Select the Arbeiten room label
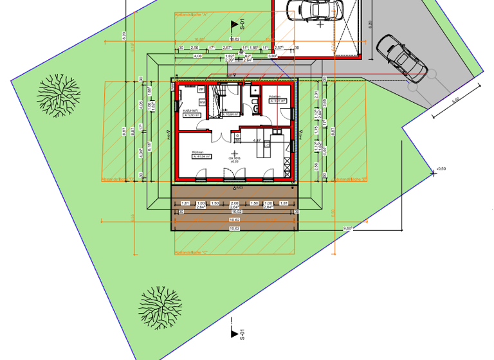276,97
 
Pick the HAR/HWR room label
190,111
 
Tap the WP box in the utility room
201,89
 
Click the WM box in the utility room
201,102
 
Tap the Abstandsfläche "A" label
193,14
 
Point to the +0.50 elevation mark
441,169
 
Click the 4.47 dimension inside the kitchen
255,140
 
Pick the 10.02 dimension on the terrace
235,210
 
